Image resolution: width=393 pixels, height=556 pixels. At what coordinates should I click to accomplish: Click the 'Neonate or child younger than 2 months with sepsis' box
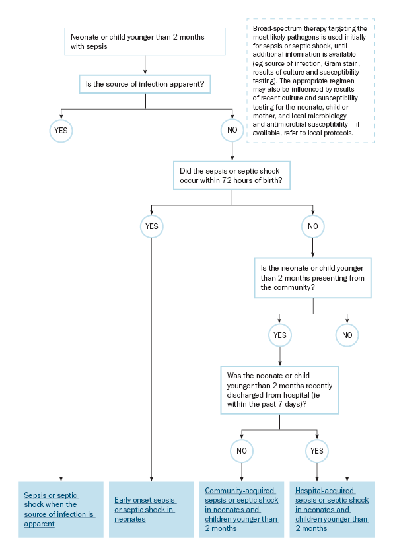(x=145, y=42)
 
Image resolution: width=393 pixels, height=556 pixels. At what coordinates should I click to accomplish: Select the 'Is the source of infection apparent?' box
(x=145, y=84)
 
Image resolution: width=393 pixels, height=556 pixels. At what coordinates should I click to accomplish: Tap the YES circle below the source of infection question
(x=61, y=131)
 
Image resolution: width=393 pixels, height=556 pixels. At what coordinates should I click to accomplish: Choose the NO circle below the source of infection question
(x=232, y=130)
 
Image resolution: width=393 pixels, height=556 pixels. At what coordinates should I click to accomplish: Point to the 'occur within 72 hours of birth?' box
(x=232, y=176)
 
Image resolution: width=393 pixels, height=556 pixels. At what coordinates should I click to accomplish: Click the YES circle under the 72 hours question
(x=152, y=226)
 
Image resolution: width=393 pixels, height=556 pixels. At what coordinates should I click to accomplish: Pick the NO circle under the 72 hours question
(x=313, y=226)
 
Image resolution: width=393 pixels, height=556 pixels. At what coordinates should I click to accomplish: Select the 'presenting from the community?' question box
(x=313, y=277)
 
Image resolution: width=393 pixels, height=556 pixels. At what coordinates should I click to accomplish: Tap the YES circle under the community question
(x=280, y=335)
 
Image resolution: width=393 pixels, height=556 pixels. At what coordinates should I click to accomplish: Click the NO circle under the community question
(x=347, y=335)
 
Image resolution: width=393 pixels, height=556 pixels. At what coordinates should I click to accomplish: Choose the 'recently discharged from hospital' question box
(x=280, y=390)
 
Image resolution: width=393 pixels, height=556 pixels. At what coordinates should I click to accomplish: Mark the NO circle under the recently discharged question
(x=242, y=451)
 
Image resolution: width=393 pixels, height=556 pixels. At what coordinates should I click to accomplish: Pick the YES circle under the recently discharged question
(x=317, y=451)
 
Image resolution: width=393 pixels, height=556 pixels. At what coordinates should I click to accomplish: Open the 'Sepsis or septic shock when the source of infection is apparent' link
(x=59, y=510)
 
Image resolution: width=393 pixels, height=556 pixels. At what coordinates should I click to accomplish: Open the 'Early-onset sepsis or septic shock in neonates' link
(x=145, y=510)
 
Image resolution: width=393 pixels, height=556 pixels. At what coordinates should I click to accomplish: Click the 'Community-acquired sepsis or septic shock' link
(x=242, y=510)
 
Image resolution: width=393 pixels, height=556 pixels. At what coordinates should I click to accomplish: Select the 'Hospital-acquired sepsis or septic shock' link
(x=332, y=510)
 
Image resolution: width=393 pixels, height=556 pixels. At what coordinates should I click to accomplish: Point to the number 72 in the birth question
(x=227, y=180)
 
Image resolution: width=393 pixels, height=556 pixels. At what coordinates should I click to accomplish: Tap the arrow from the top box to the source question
(x=145, y=65)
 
